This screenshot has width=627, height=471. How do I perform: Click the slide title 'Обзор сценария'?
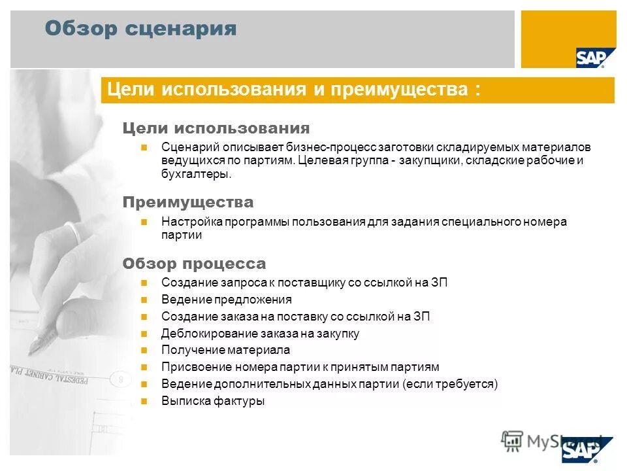point(140,29)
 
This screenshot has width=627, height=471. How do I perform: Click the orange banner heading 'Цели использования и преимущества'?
point(293,90)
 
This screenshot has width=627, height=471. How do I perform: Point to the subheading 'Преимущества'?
point(188,202)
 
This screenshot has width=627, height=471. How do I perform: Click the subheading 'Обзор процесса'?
point(194,264)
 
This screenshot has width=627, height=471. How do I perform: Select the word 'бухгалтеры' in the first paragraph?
point(195,175)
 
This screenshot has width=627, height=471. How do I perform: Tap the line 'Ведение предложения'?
point(226,300)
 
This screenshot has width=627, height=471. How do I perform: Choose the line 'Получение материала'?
point(225,350)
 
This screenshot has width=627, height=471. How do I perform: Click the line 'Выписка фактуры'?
point(213,401)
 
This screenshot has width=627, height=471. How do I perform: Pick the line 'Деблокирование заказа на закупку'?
point(260,334)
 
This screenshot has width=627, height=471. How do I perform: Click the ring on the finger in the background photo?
point(73,232)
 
